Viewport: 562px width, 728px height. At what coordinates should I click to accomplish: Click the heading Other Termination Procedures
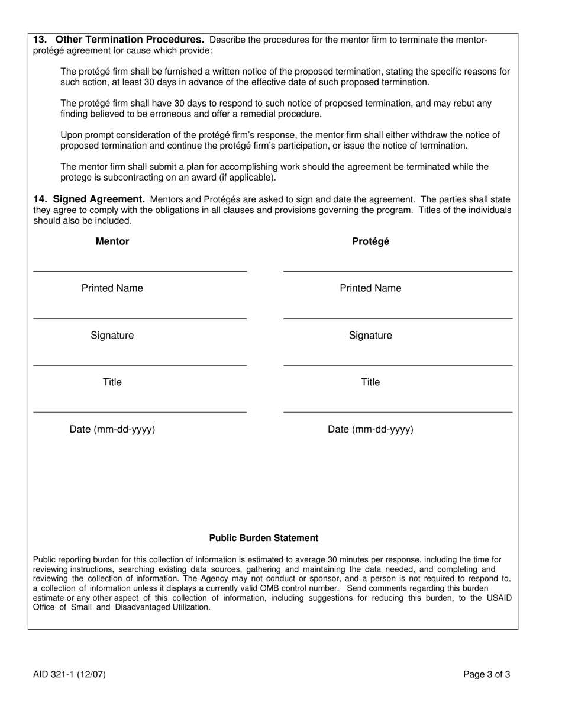130,40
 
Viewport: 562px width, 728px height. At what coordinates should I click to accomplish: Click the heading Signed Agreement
99,199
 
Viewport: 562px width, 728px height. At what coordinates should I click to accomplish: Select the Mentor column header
112,241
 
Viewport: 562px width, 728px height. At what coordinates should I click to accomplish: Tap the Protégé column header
370,241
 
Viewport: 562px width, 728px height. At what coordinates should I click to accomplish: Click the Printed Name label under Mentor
112,288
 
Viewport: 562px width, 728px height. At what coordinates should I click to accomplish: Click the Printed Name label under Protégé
370,288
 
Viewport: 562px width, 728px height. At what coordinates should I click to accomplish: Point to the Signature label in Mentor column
112,336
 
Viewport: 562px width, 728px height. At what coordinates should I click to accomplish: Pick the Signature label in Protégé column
370,336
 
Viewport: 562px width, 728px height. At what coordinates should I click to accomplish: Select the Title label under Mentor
112,382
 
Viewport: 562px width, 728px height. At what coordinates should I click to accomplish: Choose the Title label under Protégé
370,382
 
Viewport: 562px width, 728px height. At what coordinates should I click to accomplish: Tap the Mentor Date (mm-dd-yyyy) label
112,430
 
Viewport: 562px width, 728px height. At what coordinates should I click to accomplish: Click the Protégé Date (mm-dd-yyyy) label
370,430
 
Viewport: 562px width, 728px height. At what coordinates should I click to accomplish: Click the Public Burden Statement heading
263,538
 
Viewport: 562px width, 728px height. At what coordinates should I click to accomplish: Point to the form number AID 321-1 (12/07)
70,674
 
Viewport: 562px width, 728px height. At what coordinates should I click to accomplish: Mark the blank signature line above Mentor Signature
140,318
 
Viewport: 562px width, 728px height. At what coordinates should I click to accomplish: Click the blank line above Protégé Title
398,365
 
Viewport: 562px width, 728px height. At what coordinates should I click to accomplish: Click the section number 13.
40,40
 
